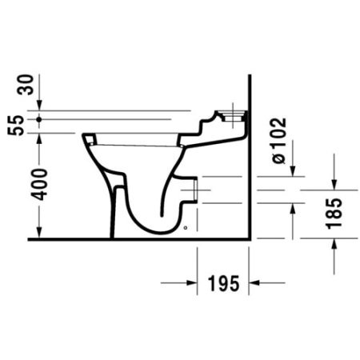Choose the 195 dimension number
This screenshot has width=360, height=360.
point(223,283)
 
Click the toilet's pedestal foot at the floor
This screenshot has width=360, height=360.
point(117,232)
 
